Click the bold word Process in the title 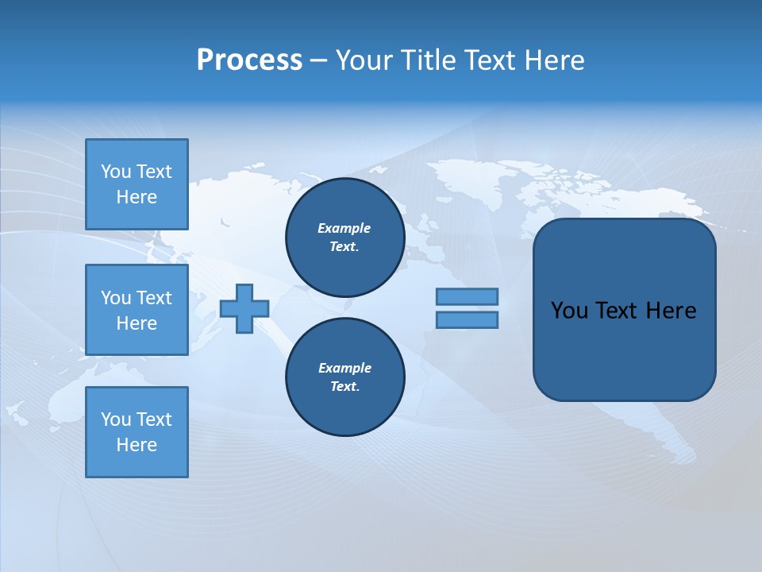point(249,60)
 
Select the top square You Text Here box point(137,184)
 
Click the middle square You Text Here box point(137,310)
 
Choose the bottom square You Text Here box point(137,432)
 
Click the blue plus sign point(244,308)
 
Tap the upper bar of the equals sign point(467,296)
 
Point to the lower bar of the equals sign point(467,319)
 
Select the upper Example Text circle point(344,238)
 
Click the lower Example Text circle point(344,377)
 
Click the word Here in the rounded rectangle point(671,311)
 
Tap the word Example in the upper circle point(344,228)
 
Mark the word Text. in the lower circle point(344,387)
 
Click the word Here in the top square point(137,197)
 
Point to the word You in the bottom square point(116,419)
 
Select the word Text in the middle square point(154,298)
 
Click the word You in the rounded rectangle point(569,311)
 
